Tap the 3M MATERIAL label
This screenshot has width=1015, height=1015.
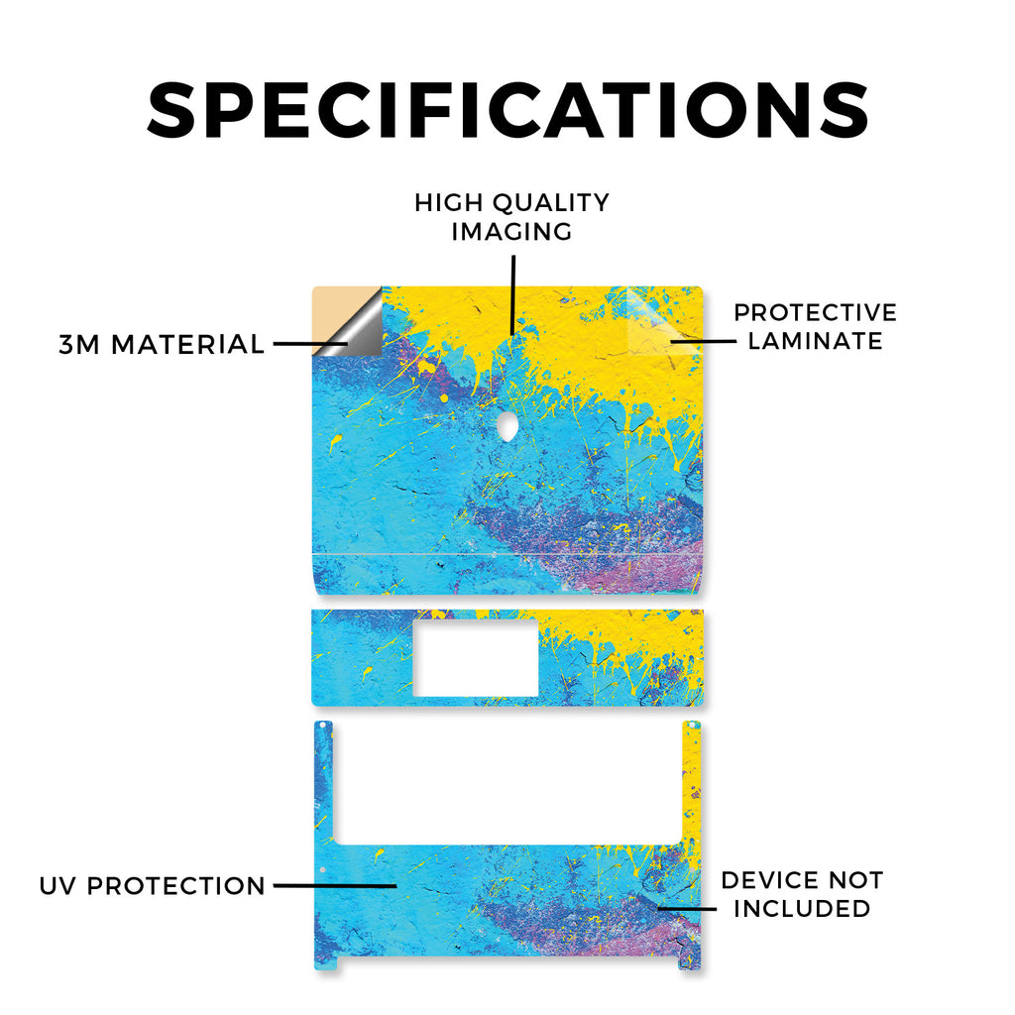pos(162,344)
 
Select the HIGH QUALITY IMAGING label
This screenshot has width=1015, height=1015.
pos(512,217)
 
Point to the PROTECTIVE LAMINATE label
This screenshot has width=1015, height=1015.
pos(815,326)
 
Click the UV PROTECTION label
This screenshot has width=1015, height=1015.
pos(152,885)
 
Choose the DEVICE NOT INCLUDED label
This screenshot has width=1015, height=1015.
pos(802,894)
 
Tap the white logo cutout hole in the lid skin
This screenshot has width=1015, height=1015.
pos(507,426)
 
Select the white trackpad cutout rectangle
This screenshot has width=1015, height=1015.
pos(475,657)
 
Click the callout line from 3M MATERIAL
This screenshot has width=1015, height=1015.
pos(310,344)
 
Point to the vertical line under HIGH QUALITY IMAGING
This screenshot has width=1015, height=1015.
pos(513,294)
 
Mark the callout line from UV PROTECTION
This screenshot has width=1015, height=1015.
pos(335,885)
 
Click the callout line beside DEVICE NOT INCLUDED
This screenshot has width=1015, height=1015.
pos(687,908)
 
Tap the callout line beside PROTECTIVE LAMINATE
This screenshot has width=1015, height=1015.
pos(703,341)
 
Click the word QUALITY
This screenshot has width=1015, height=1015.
pos(551,203)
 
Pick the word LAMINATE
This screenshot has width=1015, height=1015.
pos(815,341)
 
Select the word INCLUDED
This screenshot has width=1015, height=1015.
pos(802,908)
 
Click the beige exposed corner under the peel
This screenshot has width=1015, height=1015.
pos(329,310)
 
